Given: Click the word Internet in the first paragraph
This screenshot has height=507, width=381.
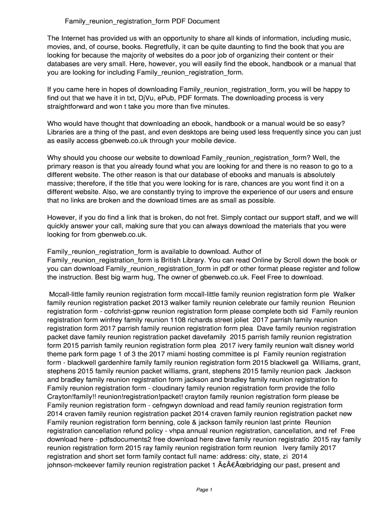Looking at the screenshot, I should pyautogui.click(x=74, y=38).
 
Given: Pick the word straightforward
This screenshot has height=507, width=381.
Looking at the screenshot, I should pyautogui.click(x=73, y=107).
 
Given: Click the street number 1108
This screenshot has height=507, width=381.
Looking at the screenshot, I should pyautogui.click(x=181, y=320).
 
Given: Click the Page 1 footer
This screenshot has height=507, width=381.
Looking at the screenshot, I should pyautogui.click(x=204, y=490).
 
